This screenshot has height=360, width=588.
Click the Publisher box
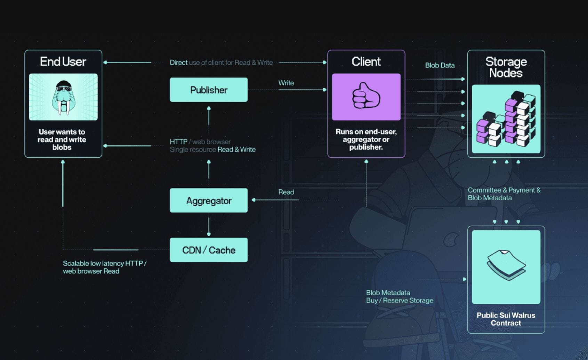click(209, 90)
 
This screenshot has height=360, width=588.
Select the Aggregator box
click(209, 201)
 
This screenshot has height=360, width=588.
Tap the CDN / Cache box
click(209, 250)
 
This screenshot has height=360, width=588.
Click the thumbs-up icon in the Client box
click(366, 96)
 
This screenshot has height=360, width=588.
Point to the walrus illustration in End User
click(63, 97)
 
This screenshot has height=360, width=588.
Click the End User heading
click(63, 62)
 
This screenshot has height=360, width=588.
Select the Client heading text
click(366, 62)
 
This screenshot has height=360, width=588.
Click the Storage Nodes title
click(506, 67)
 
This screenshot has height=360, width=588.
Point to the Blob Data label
click(440, 65)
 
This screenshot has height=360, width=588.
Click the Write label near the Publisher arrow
click(286, 83)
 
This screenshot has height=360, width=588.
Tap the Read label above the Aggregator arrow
click(286, 192)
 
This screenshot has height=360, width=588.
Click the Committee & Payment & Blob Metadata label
click(504, 194)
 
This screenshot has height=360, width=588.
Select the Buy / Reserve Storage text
click(400, 301)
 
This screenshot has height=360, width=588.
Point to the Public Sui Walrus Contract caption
click(506, 319)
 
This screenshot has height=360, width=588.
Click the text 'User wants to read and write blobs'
click(62, 139)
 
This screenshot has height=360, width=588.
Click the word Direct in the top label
click(178, 63)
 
